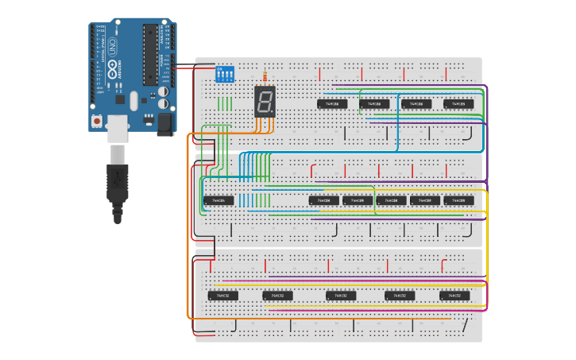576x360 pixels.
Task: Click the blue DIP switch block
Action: coord(226,75)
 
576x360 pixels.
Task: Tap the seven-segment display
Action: coord(265,101)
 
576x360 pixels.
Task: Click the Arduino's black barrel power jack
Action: coord(166,122)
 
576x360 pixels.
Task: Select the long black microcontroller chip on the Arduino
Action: coord(149,54)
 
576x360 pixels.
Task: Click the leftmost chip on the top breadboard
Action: coord(332,104)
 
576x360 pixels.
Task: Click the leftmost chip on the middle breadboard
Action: coord(218,200)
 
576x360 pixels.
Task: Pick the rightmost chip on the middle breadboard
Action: coord(458,200)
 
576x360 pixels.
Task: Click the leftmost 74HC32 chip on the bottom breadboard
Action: coord(223,296)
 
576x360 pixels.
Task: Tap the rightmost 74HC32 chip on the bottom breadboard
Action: coord(454,296)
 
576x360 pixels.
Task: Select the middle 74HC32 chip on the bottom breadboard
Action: coord(341,296)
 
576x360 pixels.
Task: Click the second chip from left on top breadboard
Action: coord(374,104)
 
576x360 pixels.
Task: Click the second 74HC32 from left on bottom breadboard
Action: coord(277,296)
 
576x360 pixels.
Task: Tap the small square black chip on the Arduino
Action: coord(120,100)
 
